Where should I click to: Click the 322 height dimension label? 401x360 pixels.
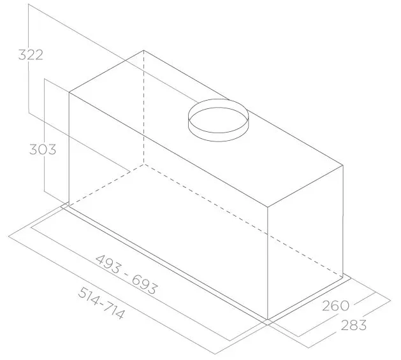(31, 55)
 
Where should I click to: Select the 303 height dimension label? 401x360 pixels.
(43, 149)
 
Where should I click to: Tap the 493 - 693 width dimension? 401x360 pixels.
(126, 275)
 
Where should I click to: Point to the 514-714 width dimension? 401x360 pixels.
(102, 303)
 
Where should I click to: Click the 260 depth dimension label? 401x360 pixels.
(335, 306)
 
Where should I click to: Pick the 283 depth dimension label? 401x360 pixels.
(354, 325)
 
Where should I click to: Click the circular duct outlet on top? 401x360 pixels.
(218, 120)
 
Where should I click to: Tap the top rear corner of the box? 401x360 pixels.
(143, 50)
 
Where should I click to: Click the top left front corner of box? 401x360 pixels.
(69, 92)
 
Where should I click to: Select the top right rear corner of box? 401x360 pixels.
(343, 166)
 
